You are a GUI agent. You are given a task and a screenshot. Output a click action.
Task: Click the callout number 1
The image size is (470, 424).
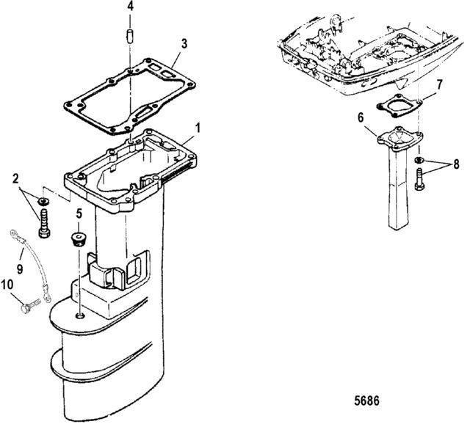click(x=198, y=128)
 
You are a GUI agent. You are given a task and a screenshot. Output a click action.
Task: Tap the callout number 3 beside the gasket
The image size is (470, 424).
click(x=184, y=44)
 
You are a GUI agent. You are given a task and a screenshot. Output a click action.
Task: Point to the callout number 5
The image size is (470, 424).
click(x=79, y=213)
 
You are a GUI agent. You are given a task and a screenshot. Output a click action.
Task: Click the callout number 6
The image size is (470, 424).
click(x=361, y=117)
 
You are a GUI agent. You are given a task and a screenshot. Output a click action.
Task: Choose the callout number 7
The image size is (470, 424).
click(x=439, y=85)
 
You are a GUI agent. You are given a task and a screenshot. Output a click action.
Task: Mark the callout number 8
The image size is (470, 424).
click(x=456, y=164)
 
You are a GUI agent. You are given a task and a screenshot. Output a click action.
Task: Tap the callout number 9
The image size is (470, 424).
click(x=20, y=268)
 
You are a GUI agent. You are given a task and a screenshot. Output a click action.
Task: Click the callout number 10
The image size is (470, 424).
click(x=7, y=285)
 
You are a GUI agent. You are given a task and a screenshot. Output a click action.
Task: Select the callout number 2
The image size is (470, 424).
click(x=15, y=179)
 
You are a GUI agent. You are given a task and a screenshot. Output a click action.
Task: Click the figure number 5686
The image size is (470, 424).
click(x=366, y=401)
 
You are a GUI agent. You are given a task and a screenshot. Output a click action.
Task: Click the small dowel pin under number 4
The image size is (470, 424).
click(x=129, y=37)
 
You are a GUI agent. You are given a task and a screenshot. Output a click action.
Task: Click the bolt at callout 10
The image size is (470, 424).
click(x=31, y=306)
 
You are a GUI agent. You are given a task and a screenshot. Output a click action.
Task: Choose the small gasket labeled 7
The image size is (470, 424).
click(x=399, y=106)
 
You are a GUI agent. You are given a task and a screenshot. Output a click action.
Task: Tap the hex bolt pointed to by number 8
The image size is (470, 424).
click(x=419, y=179)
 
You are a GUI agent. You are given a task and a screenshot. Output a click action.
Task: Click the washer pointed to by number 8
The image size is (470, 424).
click(x=419, y=160)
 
